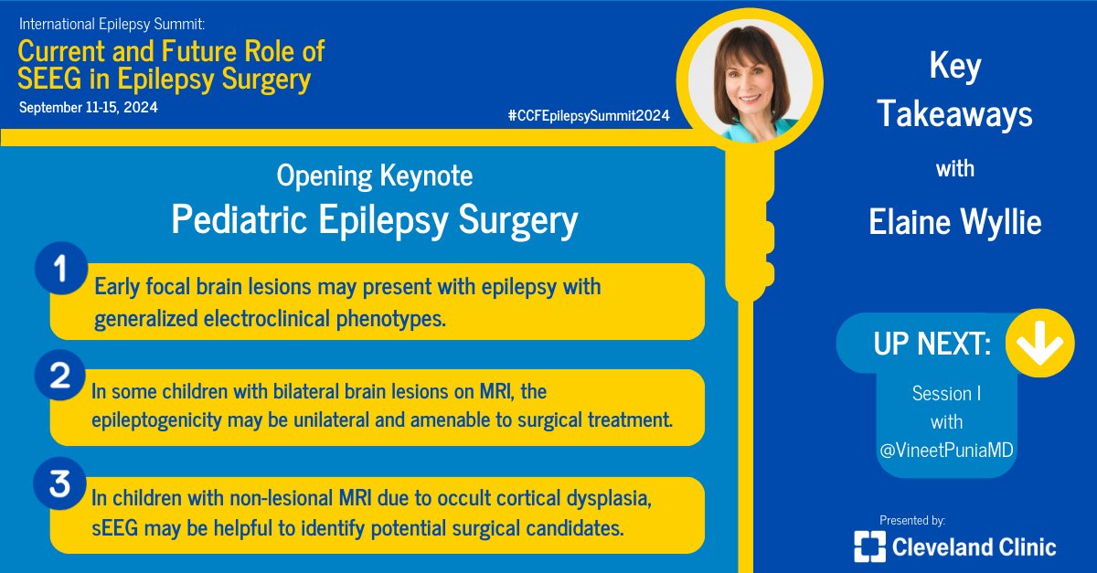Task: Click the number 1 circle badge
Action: click(x=60, y=271)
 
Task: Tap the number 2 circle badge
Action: click(x=60, y=379)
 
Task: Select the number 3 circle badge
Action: click(x=60, y=485)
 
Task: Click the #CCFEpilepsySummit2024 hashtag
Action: click(x=588, y=116)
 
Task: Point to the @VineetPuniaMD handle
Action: click(x=948, y=451)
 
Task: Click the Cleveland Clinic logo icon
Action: click(x=870, y=546)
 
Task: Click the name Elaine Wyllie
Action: click(x=954, y=223)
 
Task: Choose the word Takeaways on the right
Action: click(x=954, y=115)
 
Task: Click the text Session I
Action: click(x=948, y=393)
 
